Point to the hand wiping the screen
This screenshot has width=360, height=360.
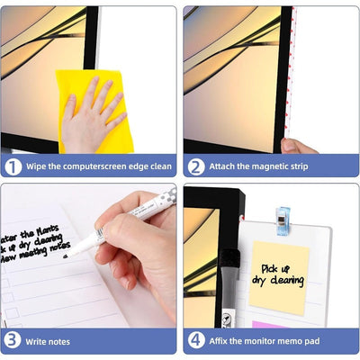click(94, 112)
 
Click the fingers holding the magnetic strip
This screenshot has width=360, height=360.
click(290, 146)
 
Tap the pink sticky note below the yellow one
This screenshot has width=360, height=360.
click(270, 323)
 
